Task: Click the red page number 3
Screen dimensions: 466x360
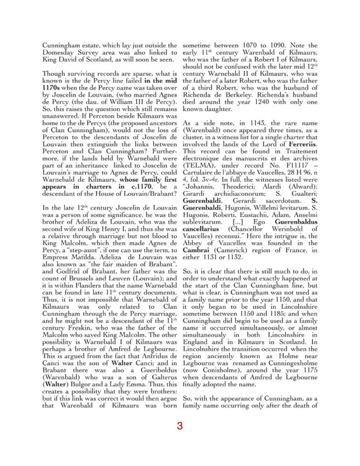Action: pyautogui.click(x=180, y=426)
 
